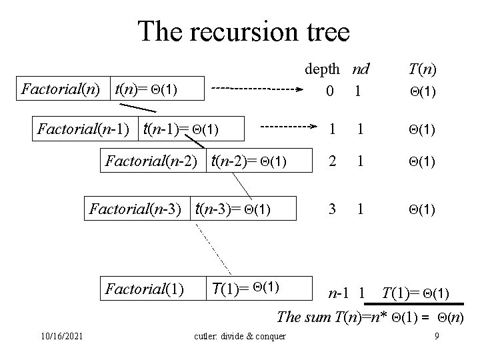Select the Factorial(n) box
click(x=63, y=88)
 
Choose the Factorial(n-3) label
click(x=136, y=210)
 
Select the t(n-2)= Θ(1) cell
click(x=249, y=161)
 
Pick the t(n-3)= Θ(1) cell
click(x=233, y=210)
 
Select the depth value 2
click(x=331, y=161)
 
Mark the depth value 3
click(x=331, y=209)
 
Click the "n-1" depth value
click(x=338, y=292)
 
